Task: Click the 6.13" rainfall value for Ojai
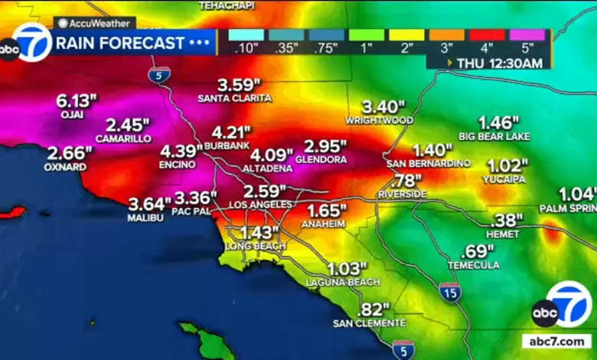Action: click(x=77, y=100)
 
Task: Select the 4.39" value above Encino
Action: click(x=181, y=151)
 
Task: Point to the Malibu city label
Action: click(x=145, y=218)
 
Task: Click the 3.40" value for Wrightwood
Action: click(x=379, y=106)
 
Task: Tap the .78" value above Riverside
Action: click(x=406, y=182)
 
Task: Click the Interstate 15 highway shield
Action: click(x=450, y=291)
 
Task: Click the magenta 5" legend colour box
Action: click(x=528, y=34)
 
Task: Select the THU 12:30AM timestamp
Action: click(x=500, y=64)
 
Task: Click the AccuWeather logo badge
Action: click(x=94, y=23)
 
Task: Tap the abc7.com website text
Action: click(x=556, y=342)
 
